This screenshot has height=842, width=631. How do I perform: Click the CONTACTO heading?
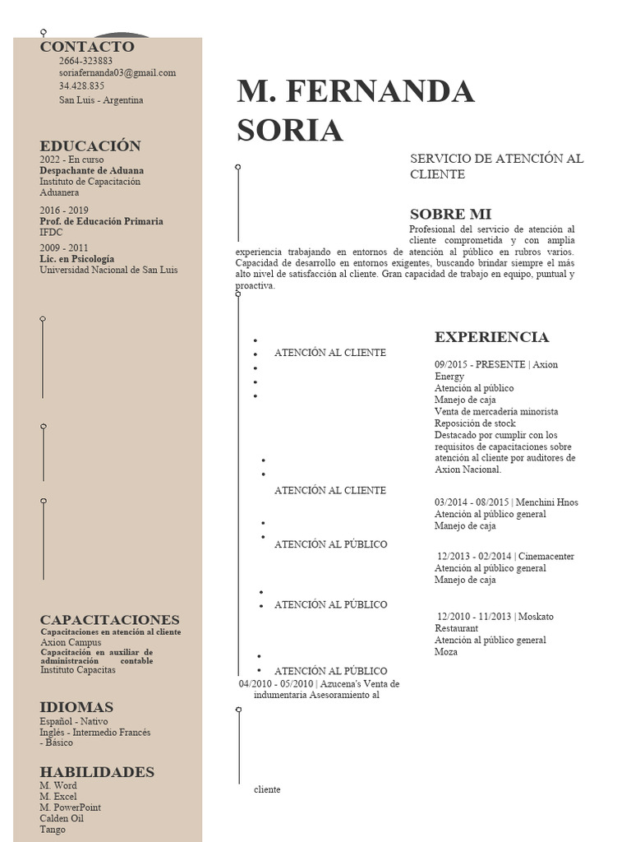pyautogui.click(x=87, y=47)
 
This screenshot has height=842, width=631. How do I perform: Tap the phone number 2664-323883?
pyautogui.click(x=85, y=61)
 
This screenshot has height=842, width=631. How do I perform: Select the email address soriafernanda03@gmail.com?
pyautogui.click(x=117, y=73)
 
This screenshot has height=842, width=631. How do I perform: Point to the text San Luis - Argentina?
pyautogui.click(x=101, y=100)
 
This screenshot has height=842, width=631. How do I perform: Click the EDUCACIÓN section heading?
pyautogui.click(x=90, y=146)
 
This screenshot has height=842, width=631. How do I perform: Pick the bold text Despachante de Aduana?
pyautogui.click(x=91, y=171)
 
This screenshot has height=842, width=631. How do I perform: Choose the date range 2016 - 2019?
pyautogui.click(x=64, y=210)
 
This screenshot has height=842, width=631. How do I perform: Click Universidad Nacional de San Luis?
pyautogui.click(x=108, y=270)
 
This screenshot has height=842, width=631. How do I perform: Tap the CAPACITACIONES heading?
pyautogui.click(x=109, y=620)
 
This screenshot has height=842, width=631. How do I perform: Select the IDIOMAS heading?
pyautogui.click(x=76, y=707)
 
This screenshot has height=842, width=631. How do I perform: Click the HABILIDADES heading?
pyautogui.click(x=97, y=772)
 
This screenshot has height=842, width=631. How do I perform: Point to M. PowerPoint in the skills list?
pyautogui.click(x=71, y=808)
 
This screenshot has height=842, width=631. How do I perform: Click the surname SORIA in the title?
pyautogui.click(x=290, y=131)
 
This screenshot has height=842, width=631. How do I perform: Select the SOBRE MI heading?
pyautogui.click(x=450, y=215)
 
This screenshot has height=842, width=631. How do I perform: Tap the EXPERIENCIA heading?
pyautogui.click(x=491, y=337)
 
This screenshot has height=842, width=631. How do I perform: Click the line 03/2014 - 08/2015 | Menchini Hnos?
pyautogui.click(x=506, y=503)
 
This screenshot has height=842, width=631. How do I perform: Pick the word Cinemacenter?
pyautogui.click(x=546, y=557)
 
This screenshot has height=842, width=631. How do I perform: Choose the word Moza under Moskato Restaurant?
pyautogui.click(x=446, y=652)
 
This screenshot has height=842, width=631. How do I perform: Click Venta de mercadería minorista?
pyautogui.click(x=496, y=412)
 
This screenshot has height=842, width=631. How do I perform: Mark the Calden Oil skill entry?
pyautogui.click(x=62, y=819)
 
